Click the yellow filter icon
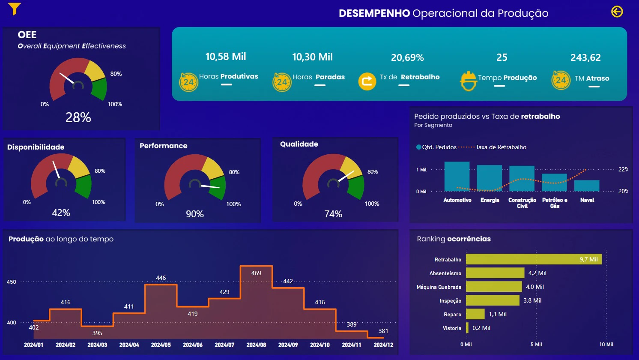pos(14,9)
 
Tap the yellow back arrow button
pos(617,12)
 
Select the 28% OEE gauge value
pos(78,117)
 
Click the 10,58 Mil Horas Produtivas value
pos(226,57)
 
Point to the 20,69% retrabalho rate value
pos(407,58)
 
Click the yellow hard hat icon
pos(468,81)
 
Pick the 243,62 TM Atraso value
pos(585,58)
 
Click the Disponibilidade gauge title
pos(36,147)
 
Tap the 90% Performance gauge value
pos(195,214)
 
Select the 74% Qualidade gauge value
pos(333,214)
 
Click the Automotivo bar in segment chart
pos(457,177)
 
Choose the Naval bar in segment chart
pos(587,186)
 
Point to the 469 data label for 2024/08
pos(256,273)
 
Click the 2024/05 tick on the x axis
pos(161,345)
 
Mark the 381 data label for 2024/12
pos(383,331)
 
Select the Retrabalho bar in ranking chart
pos(534,259)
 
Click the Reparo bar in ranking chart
pos(475,314)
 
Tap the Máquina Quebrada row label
pos(439,287)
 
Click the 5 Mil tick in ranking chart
pos(536,345)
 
